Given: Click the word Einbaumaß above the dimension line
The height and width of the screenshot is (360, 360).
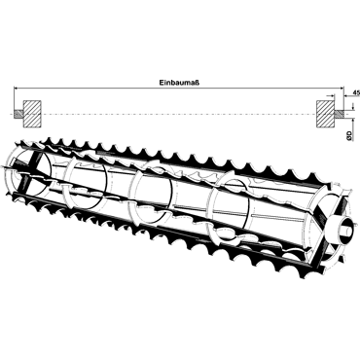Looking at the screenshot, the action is (x=179, y=83).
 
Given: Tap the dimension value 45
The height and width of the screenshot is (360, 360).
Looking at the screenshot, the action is (x=356, y=92).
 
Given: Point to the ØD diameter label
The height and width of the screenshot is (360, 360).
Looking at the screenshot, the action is (x=349, y=135).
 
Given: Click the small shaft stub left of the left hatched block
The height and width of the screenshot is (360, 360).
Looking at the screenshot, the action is (x=18, y=114).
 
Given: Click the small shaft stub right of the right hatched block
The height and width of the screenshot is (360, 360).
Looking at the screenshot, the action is (x=339, y=114).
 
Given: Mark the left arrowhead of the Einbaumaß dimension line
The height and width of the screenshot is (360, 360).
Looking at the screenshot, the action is (x=16, y=88).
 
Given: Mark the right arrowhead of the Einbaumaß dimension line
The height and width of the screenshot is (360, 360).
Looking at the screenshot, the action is (x=341, y=88).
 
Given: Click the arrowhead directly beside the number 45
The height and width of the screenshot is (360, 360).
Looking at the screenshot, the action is (x=346, y=95).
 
